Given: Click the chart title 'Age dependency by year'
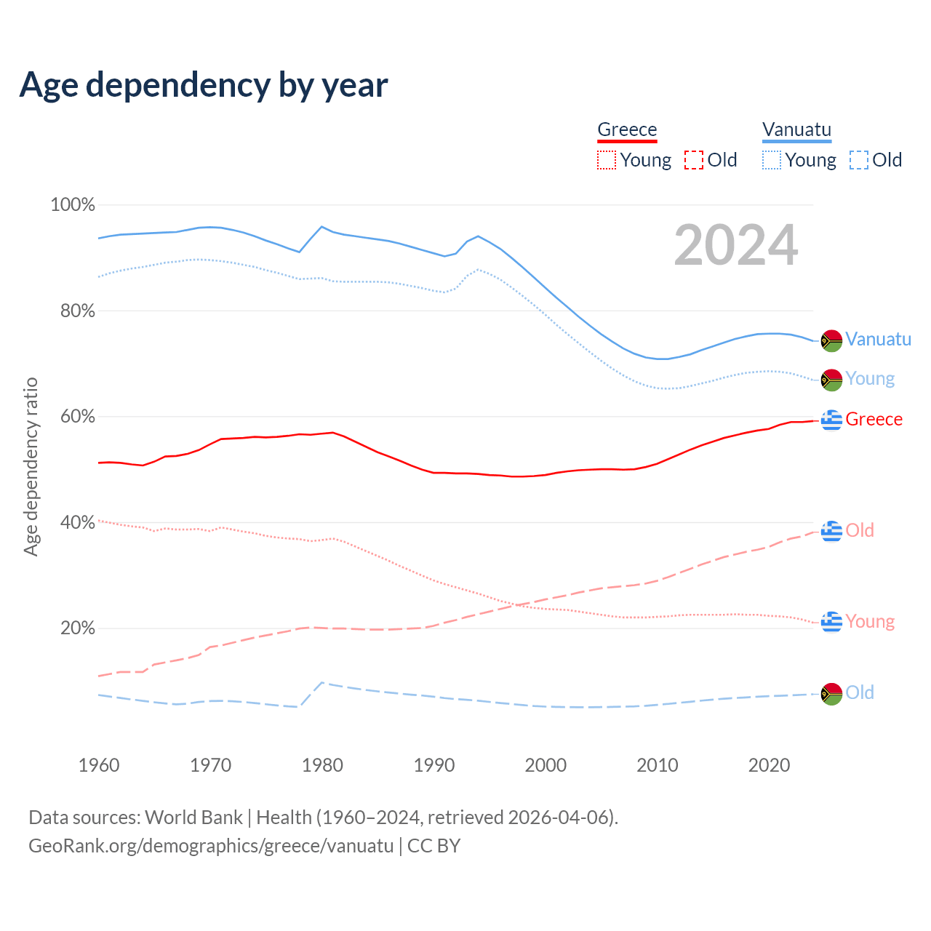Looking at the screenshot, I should click(204, 85).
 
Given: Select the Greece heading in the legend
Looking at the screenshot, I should click(627, 129).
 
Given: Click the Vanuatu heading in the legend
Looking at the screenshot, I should click(796, 129).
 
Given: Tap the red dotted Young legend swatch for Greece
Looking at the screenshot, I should click(606, 160).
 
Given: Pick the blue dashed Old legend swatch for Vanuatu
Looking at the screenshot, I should click(859, 160).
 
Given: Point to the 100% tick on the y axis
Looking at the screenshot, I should click(72, 205).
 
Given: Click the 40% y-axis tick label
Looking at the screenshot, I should click(76, 522).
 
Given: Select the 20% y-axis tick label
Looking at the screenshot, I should click(76, 628).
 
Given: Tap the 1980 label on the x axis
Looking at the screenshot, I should click(322, 765).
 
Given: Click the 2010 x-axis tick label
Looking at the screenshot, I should click(658, 765).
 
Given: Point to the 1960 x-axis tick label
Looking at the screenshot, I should click(99, 765).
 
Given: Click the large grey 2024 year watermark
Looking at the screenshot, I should click(735, 245).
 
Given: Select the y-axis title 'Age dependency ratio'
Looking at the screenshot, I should click(31, 466).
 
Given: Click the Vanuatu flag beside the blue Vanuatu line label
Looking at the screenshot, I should click(831, 340).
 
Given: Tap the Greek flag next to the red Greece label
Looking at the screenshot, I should click(831, 420).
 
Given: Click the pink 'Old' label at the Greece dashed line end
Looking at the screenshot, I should click(860, 530).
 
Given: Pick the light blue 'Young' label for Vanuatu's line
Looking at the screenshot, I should click(870, 379).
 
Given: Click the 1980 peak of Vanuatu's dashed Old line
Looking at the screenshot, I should click(322, 682).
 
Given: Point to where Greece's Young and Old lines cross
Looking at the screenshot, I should click(518, 604).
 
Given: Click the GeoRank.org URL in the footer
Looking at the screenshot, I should click(211, 846).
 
